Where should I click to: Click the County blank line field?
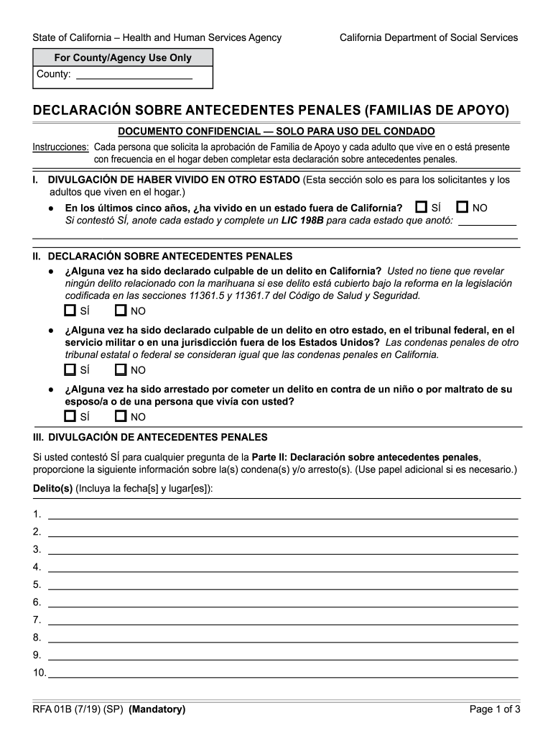click(134, 75)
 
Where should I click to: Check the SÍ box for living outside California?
click(422, 207)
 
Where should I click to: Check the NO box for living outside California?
click(463, 207)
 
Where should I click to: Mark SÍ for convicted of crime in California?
click(70, 310)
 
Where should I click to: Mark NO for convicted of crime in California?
click(121, 310)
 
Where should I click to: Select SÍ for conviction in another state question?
click(70, 369)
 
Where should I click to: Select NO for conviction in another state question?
click(121, 369)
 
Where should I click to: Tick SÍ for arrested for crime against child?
click(70, 416)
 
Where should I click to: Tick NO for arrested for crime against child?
click(121, 416)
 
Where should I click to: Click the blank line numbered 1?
click(282, 514)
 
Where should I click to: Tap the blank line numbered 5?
click(282, 584)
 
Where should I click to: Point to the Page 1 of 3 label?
click(494, 709)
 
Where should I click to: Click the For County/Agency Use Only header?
click(123, 57)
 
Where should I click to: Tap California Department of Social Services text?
click(428, 37)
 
